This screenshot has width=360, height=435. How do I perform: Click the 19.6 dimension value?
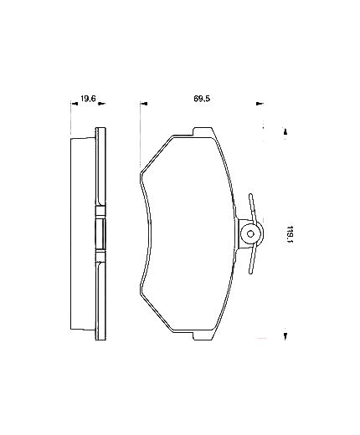pos(88,99)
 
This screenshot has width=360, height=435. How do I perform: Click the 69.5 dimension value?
pos(202,99)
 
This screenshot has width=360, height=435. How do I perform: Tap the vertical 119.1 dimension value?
pos(290,234)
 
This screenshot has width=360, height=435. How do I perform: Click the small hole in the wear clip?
pos(250,234)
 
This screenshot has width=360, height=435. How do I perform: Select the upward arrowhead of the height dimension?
pos(285,131)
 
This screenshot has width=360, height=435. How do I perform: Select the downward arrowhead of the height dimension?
pos(285,336)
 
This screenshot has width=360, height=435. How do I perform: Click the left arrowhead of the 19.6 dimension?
pos(75,104)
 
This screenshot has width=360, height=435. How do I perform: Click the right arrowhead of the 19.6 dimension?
pos(101,104)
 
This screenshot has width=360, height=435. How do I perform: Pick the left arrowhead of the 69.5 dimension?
pos(144,104)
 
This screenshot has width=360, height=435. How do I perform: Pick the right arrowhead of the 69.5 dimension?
pos(260,104)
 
